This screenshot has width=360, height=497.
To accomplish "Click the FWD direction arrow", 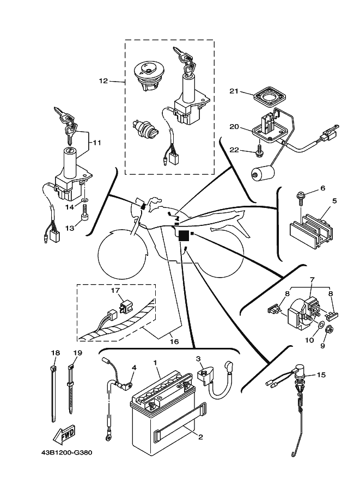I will (x=64, y=435).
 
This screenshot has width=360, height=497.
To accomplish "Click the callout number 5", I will (x=334, y=200).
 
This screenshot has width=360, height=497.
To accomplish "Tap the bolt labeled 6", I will (x=301, y=196).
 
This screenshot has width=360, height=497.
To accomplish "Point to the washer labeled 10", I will (x=321, y=328).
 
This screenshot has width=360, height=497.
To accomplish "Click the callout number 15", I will (x=321, y=375).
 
